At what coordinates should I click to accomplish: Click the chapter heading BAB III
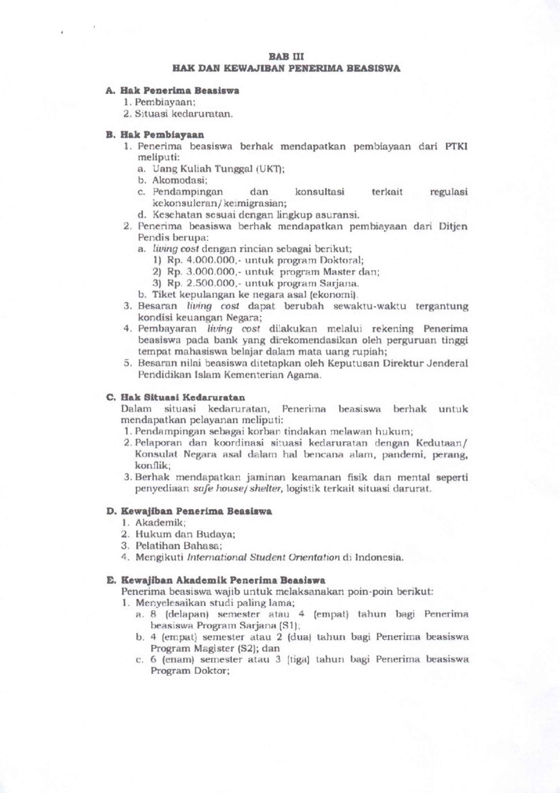pyautogui.click(x=286, y=57)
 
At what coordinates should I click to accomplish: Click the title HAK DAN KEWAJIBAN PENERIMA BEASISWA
pyautogui.click(x=286, y=69)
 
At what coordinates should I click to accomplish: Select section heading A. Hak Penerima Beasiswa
pyautogui.click(x=172, y=91)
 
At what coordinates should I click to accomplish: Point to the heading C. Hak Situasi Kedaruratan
pyautogui.click(x=175, y=397)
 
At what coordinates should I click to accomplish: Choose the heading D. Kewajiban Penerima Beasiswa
pyautogui.click(x=189, y=511)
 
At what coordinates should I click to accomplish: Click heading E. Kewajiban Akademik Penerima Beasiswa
pyautogui.click(x=216, y=580)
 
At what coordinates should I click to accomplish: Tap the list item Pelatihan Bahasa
pyautogui.click(x=179, y=546)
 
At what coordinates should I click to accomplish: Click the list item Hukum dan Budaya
pyautogui.click(x=185, y=535)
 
